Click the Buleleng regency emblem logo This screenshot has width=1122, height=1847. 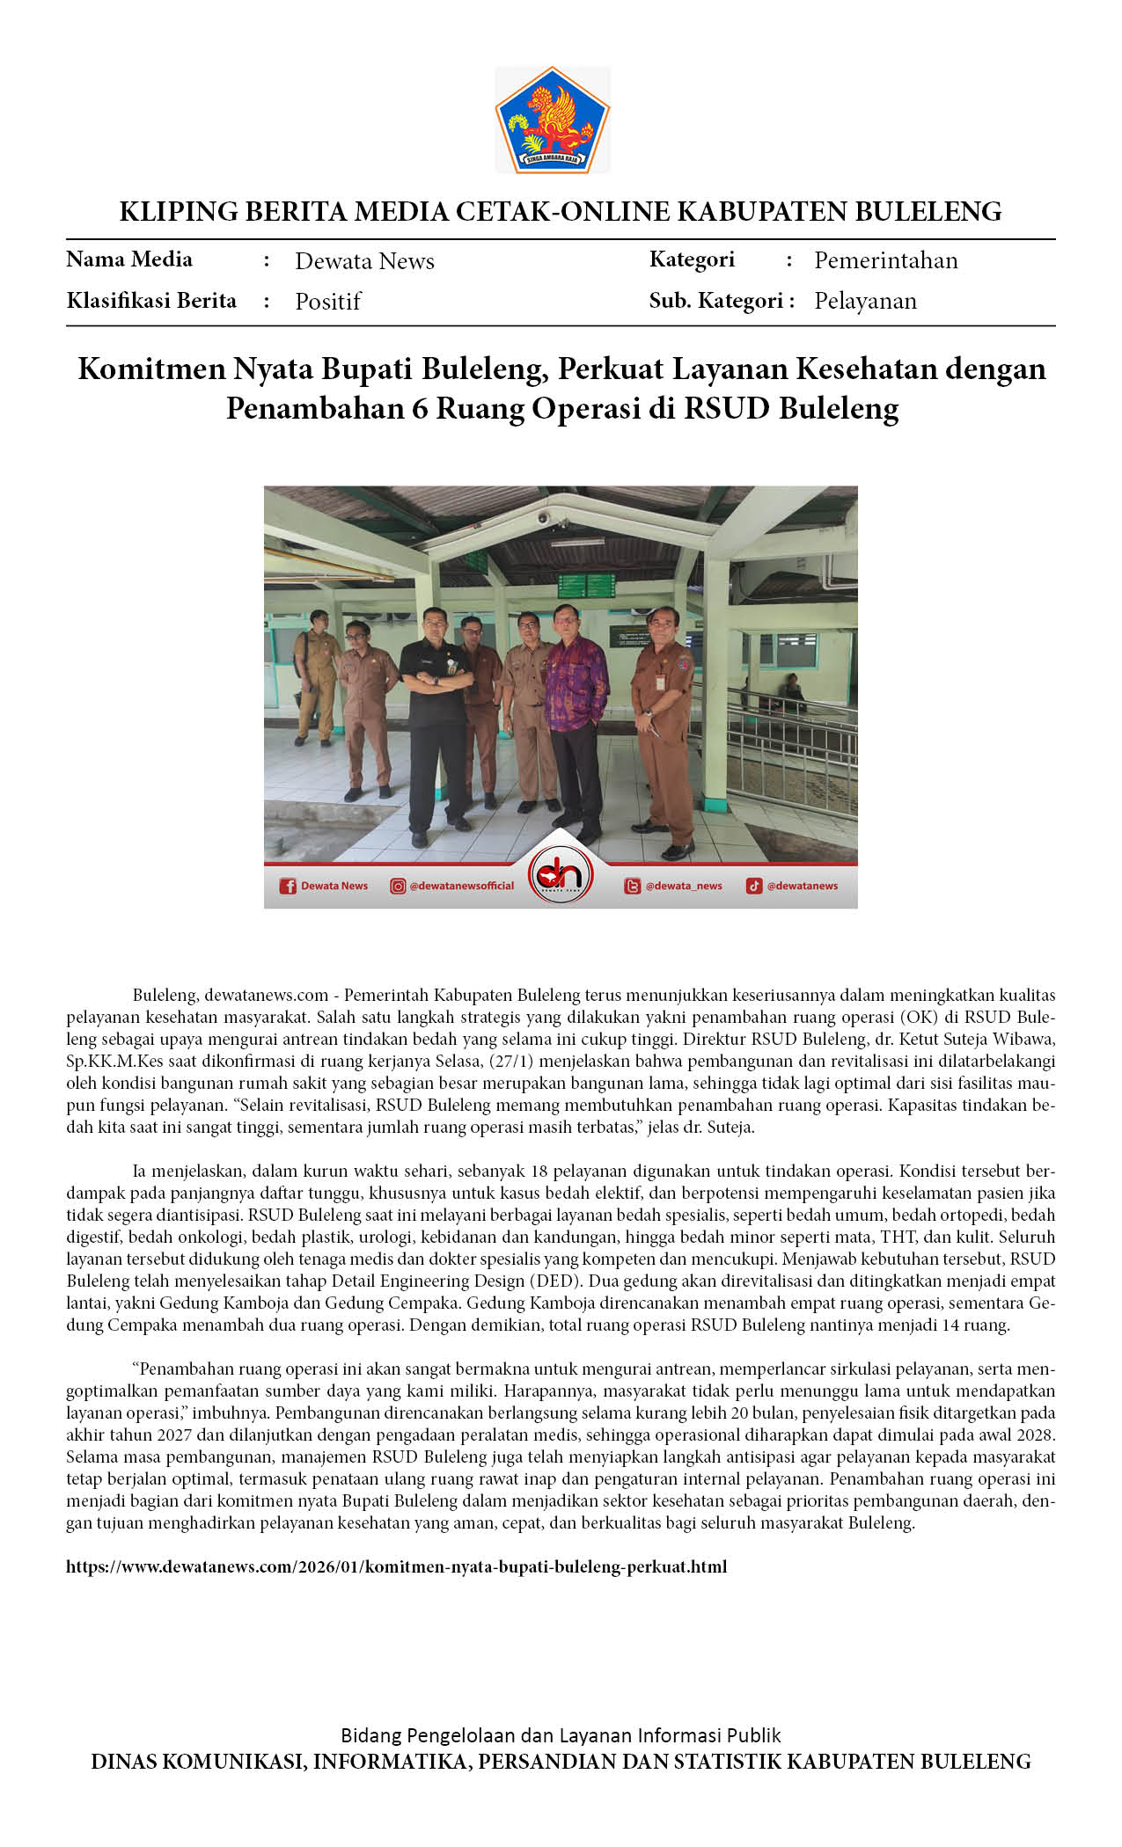(x=553, y=120)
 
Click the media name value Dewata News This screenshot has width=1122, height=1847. (x=364, y=261)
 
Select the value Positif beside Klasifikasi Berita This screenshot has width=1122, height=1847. (x=327, y=302)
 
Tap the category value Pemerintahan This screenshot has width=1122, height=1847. (x=885, y=260)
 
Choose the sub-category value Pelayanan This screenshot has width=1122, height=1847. (x=865, y=301)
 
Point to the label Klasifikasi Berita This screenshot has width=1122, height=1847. (x=151, y=301)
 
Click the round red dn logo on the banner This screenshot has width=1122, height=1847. (x=561, y=874)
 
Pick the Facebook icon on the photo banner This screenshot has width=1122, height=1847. (x=288, y=886)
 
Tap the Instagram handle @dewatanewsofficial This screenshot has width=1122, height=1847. (x=461, y=886)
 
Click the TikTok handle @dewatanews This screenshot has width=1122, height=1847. (x=802, y=886)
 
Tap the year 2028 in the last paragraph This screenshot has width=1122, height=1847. (x=1035, y=1435)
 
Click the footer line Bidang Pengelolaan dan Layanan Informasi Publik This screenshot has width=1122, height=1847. (x=561, y=1735)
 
